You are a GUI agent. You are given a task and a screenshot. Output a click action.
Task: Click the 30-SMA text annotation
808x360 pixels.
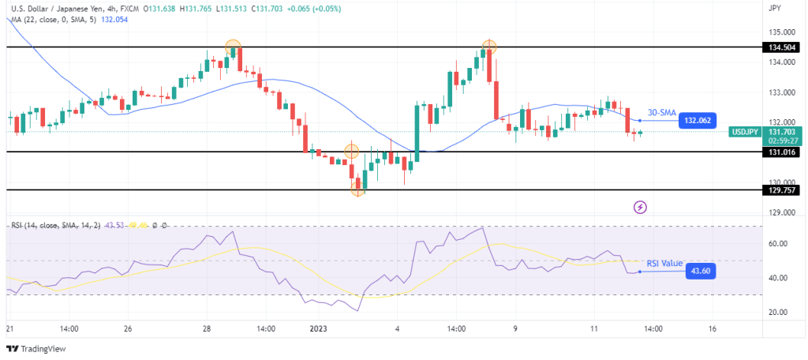662,112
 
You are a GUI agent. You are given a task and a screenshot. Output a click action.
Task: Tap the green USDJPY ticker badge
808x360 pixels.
745,132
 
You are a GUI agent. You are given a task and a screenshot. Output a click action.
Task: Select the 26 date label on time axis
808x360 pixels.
127,328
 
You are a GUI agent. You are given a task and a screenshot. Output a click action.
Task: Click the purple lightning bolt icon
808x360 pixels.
641,207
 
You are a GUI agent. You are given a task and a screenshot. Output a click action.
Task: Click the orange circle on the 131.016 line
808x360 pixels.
351,150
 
